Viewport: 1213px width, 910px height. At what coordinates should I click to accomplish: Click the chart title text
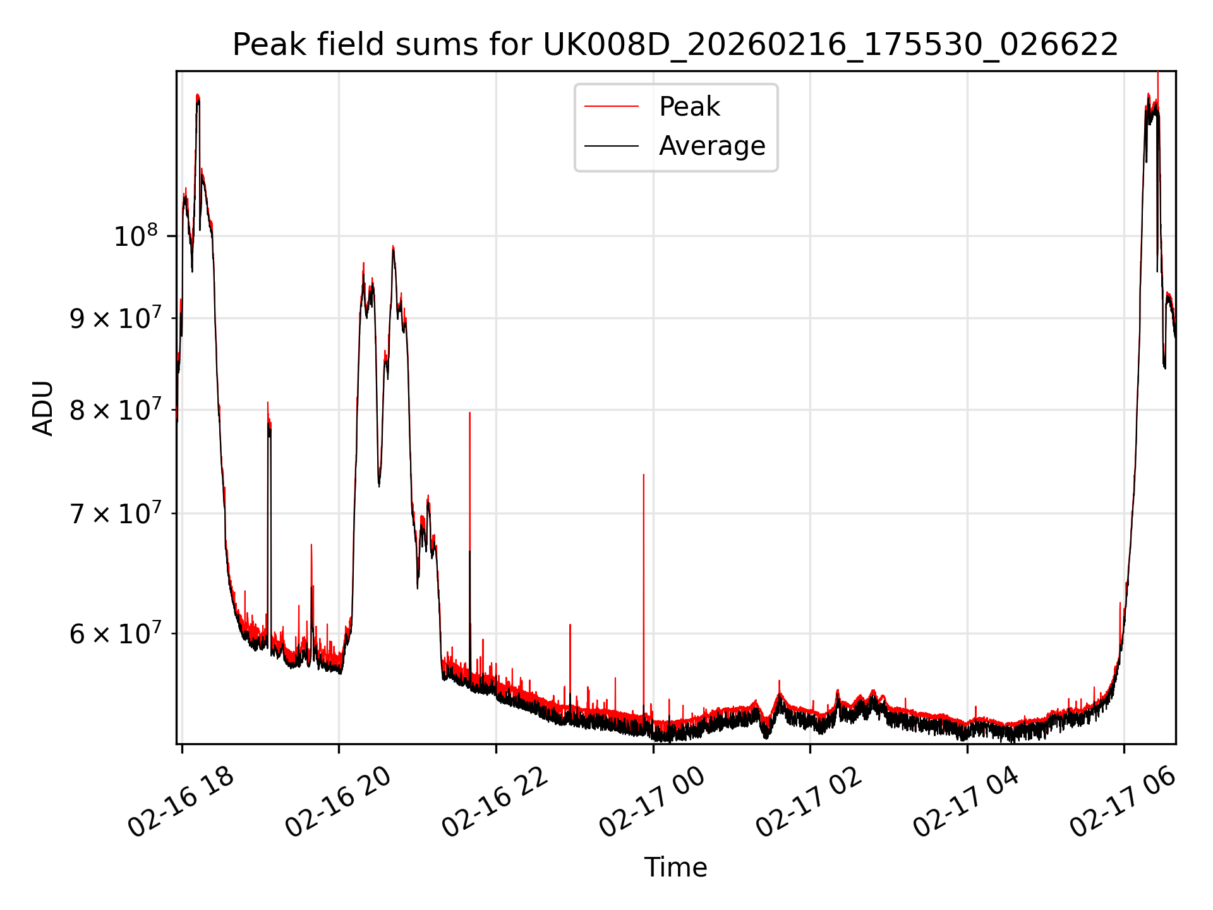click(x=675, y=45)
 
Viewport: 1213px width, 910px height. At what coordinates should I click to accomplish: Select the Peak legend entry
click(x=689, y=107)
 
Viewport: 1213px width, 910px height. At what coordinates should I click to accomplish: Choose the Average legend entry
click(x=711, y=146)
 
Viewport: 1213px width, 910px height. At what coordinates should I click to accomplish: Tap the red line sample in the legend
click(x=611, y=107)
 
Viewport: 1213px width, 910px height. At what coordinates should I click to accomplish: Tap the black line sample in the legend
click(x=611, y=146)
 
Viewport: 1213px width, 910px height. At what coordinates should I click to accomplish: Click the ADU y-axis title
click(x=43, y=408)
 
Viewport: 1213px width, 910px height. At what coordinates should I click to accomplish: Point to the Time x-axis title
click(x=675, y=867)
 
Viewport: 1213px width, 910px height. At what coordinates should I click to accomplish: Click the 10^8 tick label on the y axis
click(x=135, y=237)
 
